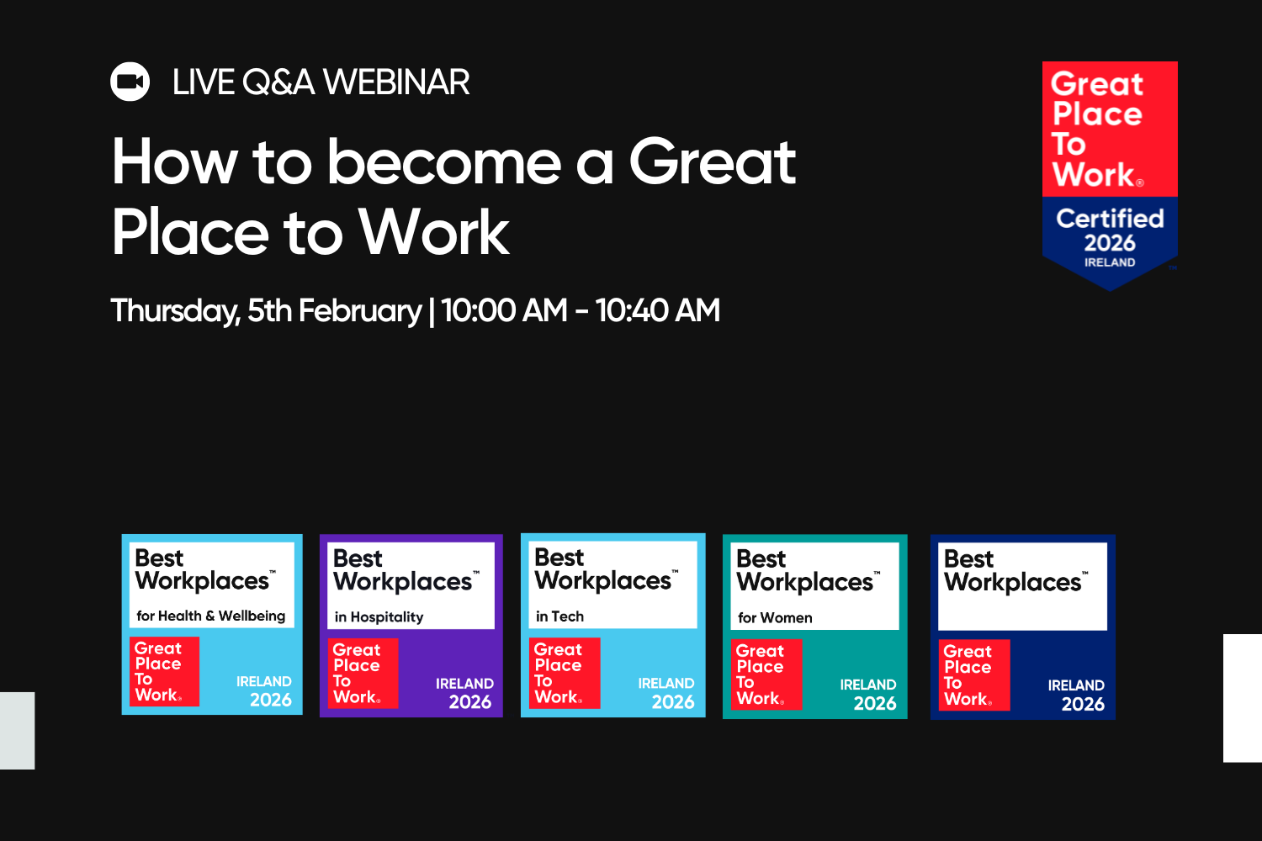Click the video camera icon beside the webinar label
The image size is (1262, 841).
click(x=130, y=82)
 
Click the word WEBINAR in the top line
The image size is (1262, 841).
click(x=395, y=82)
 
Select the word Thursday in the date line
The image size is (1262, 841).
click(x=175, y=311)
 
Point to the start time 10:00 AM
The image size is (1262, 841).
click(x=504, y=310)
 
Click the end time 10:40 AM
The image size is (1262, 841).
click(x=657, y=310)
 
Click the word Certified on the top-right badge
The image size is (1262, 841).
click(x=1110, y=219)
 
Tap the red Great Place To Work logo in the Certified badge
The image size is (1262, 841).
click(x=1109, y=129)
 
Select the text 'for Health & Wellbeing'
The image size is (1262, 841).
click(x=210, y=616)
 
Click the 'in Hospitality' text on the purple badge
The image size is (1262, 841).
click(x=379, y=616)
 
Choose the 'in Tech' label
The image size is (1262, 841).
click(x=559, y=616)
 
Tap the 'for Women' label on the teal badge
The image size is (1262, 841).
click(x=775, y=617)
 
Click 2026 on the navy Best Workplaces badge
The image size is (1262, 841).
click(x=1082, y=704)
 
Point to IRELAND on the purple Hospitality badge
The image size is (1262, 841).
click(x=464, y=684)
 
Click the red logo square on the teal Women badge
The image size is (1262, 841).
click(x=766, y=674)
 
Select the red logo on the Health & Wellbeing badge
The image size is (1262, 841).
click(x=165, y=671)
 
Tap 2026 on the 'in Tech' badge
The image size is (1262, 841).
click(x=673, y=702)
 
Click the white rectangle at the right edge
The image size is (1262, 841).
click(x=1243, y=698)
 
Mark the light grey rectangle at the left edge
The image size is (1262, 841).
click(x=17, y=730)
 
